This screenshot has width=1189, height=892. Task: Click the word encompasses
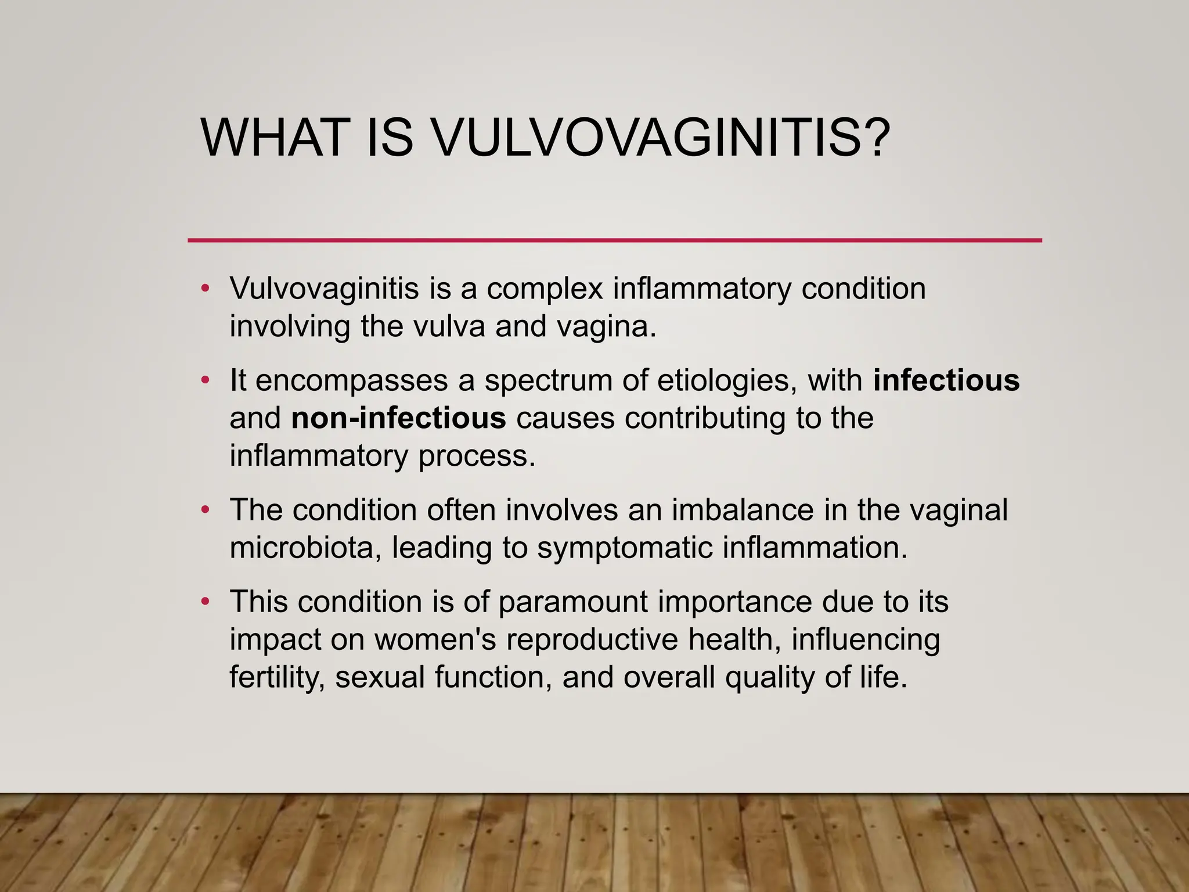point(351,380)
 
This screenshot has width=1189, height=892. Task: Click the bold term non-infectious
point(398,418)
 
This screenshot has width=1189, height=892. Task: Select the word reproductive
point(592,639)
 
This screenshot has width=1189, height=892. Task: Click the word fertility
point(276,677)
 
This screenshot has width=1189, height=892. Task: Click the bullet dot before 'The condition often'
point(204,510)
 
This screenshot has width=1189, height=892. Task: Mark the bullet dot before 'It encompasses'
point(204,381)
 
